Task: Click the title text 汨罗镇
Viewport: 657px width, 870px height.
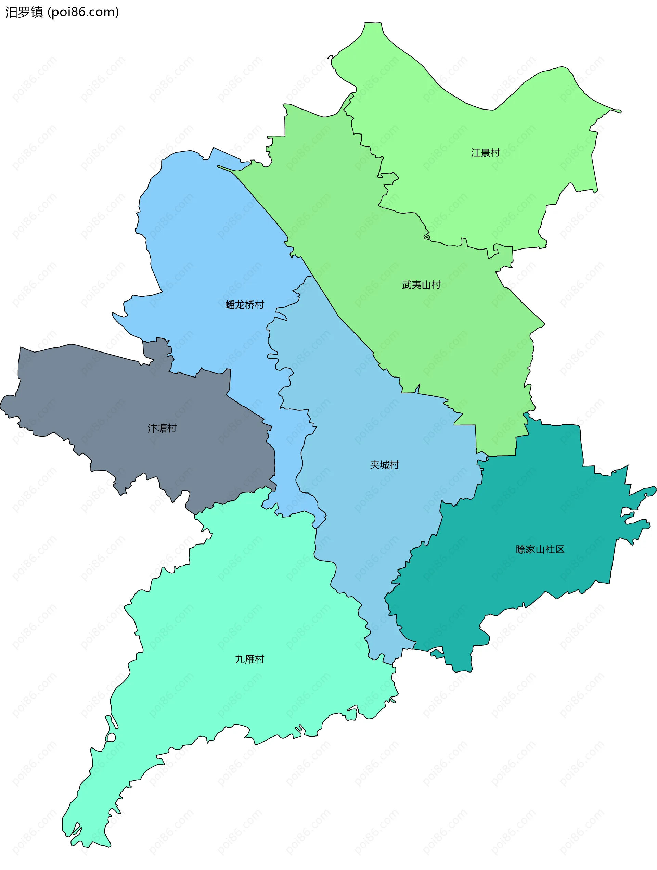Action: [x=24, y=12]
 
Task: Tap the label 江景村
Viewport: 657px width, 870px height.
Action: [x=485, y=153]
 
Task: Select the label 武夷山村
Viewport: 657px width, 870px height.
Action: [x=421, y=285]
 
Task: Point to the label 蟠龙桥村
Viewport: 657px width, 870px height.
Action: [x=245, y=305]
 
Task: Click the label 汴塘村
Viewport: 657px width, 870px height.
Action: [x=162, y=428]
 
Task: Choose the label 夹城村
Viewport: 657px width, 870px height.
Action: [x=384, y=465]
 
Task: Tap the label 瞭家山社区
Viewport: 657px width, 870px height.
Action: [x=540, y=549]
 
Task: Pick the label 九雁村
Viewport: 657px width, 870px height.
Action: [x=249, y=659]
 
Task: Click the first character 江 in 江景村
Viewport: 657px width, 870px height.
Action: [x=476, y=153]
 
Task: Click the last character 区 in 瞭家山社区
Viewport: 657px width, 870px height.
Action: [x=559, y=549]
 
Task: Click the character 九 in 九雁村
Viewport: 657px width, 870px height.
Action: [x=240, y=659]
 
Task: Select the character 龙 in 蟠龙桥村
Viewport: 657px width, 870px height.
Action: [x=240, y=305]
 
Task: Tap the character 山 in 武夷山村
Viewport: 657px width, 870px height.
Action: [x=426, y=285]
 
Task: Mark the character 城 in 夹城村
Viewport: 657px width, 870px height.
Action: [x=384, y=465]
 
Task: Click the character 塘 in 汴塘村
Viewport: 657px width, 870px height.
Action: [x=162, y=428]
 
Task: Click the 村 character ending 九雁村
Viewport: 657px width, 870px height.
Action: [x=259, y=659]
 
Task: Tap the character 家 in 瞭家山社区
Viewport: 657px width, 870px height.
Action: [x=530, y=549]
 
